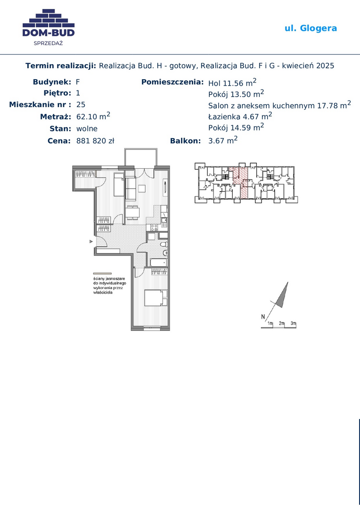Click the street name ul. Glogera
point(311,28)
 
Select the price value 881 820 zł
point(95,141)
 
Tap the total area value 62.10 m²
point(93,116)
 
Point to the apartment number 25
point(81,105)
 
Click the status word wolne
point(87,129)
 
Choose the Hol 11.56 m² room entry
point(232,83)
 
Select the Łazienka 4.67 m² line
point(240,116)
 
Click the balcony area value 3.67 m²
point(223,140)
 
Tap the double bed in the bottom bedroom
point(156,298)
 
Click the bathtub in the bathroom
point(158,263)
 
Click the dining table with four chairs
point(132,213)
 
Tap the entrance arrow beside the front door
point(91,241)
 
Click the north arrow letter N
point(263,317)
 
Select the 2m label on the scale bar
point(281,323)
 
